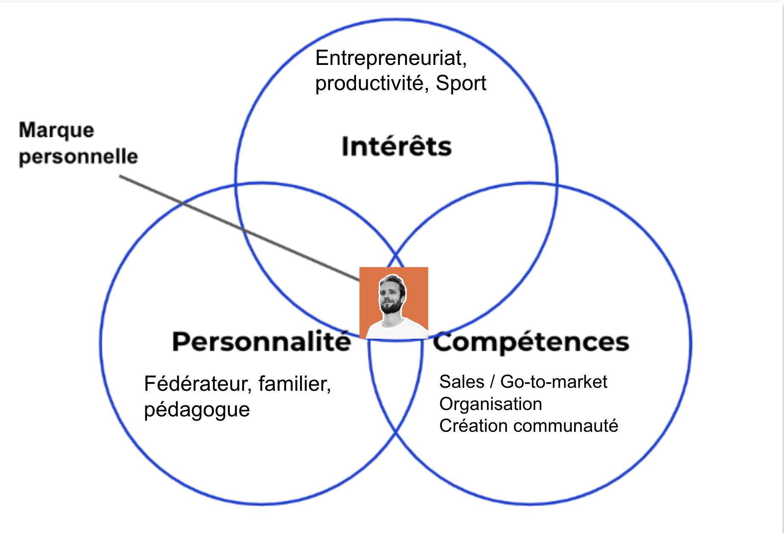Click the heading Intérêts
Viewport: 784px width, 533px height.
pyautogui.click(x=396, y=146)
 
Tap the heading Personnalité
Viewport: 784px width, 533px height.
pyautogui.click(x=261, y=342)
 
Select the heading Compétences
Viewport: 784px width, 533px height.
pyautogui.click(x=531, y=342)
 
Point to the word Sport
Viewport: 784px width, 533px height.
pyautogui.click(x=461, y=83)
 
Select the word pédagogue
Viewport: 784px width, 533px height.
pyautogui.click(x=197, y=410)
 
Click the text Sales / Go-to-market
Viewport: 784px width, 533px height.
pyautogui.click(x=523, y=382)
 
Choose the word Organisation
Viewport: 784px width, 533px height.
pyautogui.click(x=490, y=404)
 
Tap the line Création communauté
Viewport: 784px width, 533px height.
pyautogui.click(x=528, y=426)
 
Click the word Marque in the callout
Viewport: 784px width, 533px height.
pyautogui.click(x=56, y=130)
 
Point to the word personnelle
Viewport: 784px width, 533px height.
pyautogui.click(x=78, y=157)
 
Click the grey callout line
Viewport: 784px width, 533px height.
pyautogui.click(x=239, y=228)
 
